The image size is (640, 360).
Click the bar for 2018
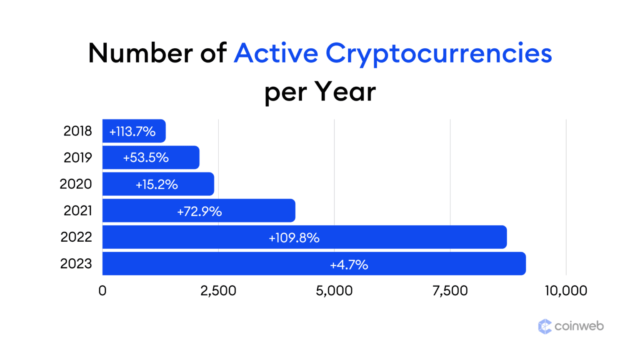[134, 131]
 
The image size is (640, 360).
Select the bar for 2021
[199, 210]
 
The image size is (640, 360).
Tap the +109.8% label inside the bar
[294, 238]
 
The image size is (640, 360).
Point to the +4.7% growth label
[349, 265]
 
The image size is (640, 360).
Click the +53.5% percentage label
[146, 157]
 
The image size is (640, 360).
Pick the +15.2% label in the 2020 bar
[157, 184]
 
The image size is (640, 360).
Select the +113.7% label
[132, 132]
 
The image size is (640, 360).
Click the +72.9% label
[199, 212]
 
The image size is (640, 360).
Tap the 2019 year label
[77, 157]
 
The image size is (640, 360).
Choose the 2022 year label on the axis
[76, 237]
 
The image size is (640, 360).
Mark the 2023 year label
[76, 264]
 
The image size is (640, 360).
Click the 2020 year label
[75, 184]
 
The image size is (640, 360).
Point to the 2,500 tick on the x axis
[218, 290]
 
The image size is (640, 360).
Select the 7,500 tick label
[450, 290]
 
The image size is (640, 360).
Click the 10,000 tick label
[566, 290]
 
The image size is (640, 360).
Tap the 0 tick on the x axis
[102, 290]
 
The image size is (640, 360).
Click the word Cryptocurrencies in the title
[438, 54]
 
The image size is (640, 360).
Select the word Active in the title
[276, 53]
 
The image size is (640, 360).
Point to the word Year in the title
[345, 91]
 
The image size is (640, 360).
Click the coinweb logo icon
[545, 326]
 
